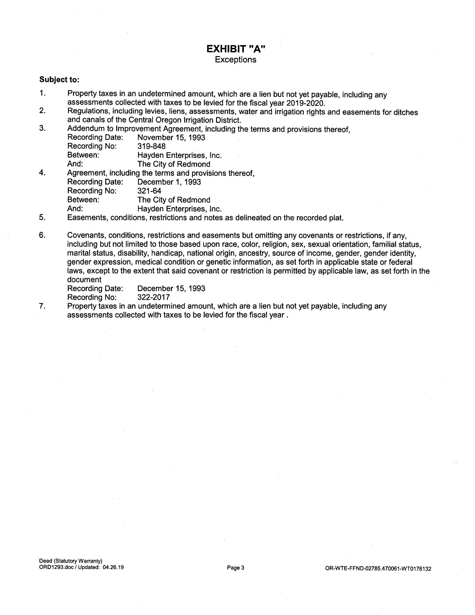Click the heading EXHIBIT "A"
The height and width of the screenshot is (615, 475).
tap(236, 49)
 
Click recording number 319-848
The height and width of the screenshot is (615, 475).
tap(151, 146)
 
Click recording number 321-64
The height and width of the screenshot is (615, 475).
tap(149, 191)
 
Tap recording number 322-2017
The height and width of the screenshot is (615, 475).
tap(153, 297)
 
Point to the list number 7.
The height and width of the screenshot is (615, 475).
tap(42, 306)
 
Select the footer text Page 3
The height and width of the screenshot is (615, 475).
tap(235, 568)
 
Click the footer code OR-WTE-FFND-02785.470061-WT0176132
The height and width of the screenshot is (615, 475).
tap(378, 569)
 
